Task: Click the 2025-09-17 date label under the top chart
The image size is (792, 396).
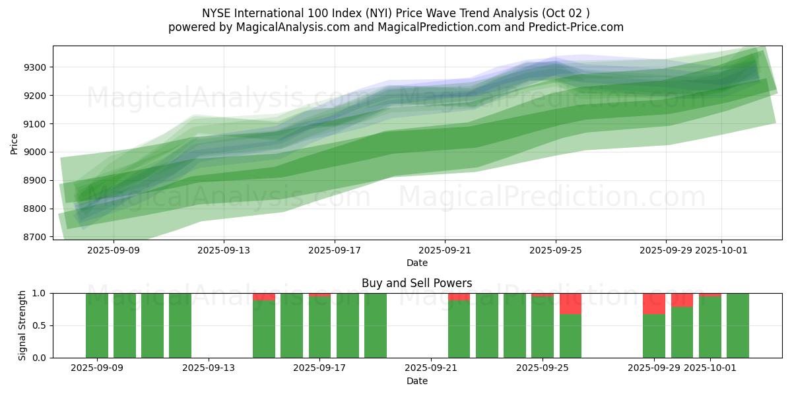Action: (334, 250)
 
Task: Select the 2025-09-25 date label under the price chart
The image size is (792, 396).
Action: (555, 250)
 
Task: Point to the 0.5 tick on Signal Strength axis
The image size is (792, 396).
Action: (40, 325)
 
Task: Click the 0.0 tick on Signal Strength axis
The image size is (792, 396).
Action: (40, 358)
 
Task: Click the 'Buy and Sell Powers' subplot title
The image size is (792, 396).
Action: (416, 283)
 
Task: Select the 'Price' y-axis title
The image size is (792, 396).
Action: (15, 143)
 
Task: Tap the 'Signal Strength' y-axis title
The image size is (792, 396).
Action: (23, 325)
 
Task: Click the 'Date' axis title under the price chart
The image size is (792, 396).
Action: (416, 263)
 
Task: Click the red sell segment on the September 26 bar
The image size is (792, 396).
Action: (570, 304)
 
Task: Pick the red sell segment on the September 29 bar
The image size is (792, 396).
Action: (653, 304)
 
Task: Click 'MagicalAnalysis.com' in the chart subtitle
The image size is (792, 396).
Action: (287, 27)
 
